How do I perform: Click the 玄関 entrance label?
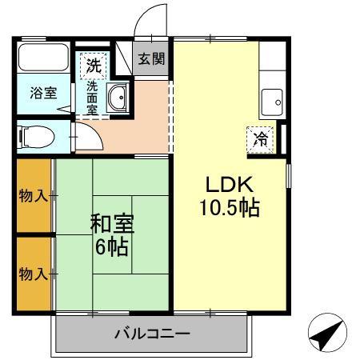[x=150, y=58]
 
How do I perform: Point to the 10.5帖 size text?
[x=229, y=209]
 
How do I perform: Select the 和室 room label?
[x=111, y=222]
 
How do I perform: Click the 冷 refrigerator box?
[x=260, y=139]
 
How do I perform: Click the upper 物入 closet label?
[x=33, y=195]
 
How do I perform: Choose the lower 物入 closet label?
[x=33, y=274]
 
